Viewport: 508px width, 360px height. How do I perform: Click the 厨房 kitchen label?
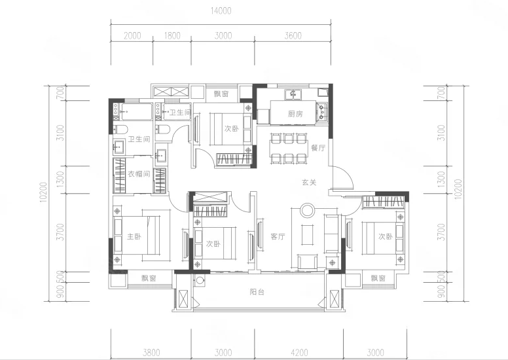(x=295, y=114)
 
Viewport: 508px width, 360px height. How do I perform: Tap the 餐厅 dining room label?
(x=317, y=148)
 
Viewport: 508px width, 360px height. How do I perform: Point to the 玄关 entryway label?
(x=309, y=182)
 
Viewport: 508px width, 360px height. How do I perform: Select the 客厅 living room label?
(x=278, y=236)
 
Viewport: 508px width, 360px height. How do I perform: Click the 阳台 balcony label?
(x=257, y=292)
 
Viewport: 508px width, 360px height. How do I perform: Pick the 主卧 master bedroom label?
(x=134, y=236)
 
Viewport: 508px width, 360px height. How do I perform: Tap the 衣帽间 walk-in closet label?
(x=139, y=174)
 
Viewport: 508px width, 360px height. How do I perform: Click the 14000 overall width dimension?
(x=221, y=11)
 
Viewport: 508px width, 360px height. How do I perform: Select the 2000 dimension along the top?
(x=132, y=35)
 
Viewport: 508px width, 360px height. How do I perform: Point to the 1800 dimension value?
(x=172, y=35)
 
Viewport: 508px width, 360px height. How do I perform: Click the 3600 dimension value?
(x=293, y=35)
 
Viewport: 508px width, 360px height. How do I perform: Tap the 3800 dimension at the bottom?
(x=151, y=352)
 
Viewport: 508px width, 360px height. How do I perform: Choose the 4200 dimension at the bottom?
(x=299, y=352)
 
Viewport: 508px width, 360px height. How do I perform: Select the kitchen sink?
(x=293, y=95)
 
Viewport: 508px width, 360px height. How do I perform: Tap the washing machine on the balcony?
(x=200, y=280)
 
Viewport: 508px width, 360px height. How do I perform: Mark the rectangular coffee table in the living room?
(x=308, y=234)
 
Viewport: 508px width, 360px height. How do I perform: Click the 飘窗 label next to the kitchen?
(x=221, y=94)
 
